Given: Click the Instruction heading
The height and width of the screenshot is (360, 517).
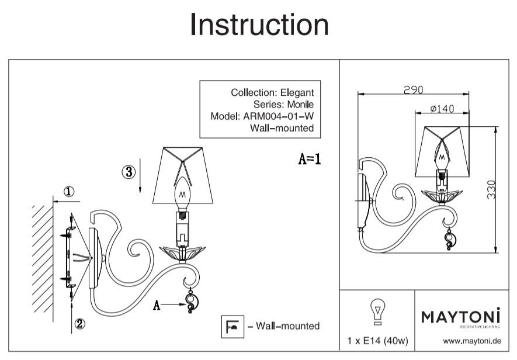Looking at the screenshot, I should point(259,25).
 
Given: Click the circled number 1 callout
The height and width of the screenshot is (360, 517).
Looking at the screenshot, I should point(69,191).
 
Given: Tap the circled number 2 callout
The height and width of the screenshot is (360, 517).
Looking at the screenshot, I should point(80,322).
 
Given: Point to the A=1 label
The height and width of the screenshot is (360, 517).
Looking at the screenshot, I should point(310,158).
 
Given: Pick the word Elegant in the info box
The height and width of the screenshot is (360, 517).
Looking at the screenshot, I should point(297,92).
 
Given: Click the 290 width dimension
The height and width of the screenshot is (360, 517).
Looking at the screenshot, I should point(413,89).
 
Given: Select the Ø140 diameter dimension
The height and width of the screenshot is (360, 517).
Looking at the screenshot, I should point(441,108).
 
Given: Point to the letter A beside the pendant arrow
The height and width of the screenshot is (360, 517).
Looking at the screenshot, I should point(156,304).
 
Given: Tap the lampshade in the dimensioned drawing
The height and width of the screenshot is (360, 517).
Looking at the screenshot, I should point(442,151).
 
